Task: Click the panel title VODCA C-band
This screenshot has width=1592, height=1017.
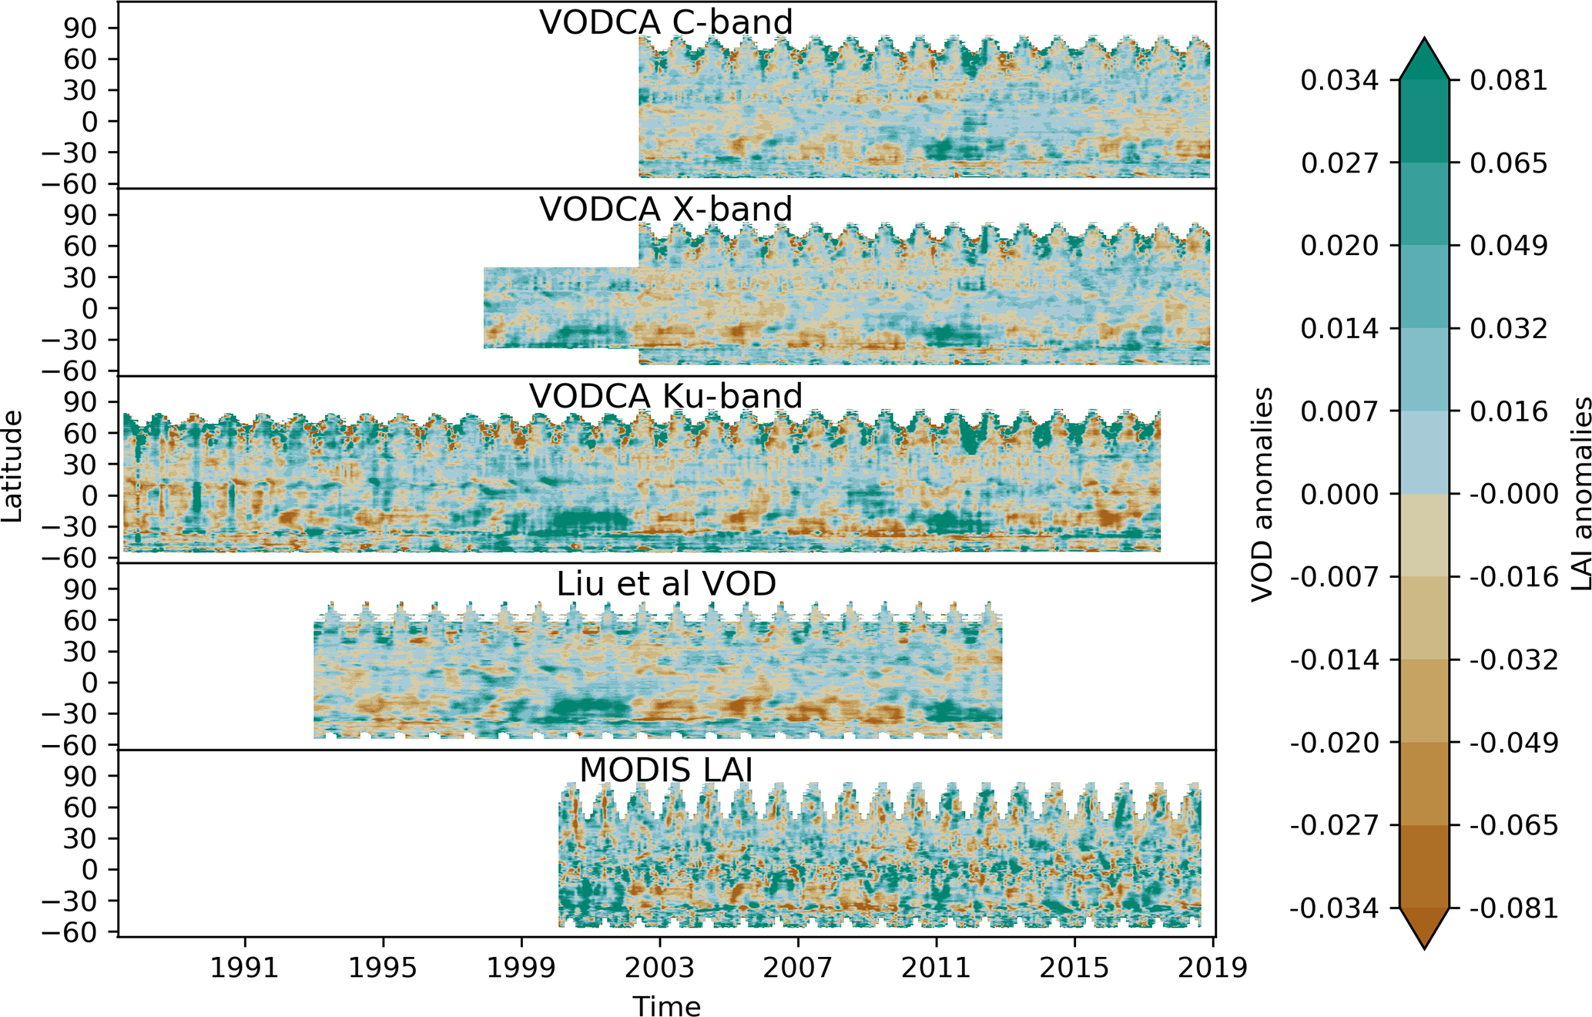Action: click(x=665, y=22)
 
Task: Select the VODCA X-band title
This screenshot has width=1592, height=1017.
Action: click(x=665, y=210)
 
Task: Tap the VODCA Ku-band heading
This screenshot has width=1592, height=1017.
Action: click(x=665, y=396)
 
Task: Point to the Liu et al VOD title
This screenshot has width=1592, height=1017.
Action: click(x=665, y=584)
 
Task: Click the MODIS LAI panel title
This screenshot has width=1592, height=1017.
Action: click(x=665, y=770)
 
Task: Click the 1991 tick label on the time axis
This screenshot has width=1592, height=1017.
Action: click(x=244, y=967)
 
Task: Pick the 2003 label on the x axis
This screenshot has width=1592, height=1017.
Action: click(x=659, y=967)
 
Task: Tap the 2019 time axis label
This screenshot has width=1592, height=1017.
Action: click(x=1212, y=967)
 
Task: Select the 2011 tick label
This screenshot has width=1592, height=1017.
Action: click(x=936, y=967)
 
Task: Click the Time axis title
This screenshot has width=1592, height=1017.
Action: click(x=666, y=1005)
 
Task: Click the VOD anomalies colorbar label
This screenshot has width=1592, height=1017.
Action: click(x=1262, y=494)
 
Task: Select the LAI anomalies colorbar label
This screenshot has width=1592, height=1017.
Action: click(x=1580, y=494)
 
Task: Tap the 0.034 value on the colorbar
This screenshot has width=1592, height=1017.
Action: click(x=1339, y=80)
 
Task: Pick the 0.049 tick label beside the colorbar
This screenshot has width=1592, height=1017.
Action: click(x=1509, y=246)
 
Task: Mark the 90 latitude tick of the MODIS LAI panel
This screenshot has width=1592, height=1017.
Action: click(x=80, y=776)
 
